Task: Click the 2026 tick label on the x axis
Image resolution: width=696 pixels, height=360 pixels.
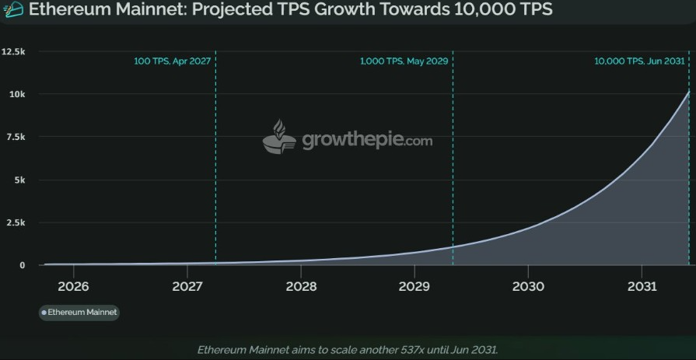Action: click(x=73, y=286)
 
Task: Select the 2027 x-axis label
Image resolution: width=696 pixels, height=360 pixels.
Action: click(x=187, y=286)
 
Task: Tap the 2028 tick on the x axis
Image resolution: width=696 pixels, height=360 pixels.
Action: click(x=301, y=286)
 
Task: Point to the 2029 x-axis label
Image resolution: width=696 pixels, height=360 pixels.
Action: click(x=414, y=286)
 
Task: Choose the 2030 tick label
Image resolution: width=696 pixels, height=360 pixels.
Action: click(x=528, y=286)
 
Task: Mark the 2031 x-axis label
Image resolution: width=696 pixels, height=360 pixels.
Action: click(x=642, y=286)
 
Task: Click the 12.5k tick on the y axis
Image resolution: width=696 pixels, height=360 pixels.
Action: click(x=14, y=51)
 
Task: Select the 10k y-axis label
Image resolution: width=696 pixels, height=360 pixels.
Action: click(x=17, y=94)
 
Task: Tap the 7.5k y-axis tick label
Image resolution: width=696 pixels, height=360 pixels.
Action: click(x=16, y=137)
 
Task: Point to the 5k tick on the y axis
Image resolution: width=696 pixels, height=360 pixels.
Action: click(x=19, y=180)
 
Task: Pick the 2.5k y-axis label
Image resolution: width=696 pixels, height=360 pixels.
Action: click(x=16, y=222)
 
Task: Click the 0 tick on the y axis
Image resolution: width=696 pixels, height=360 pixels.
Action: click(x=23, y=265)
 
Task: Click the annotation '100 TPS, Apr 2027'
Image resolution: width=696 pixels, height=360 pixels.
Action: click(x=171, y=61)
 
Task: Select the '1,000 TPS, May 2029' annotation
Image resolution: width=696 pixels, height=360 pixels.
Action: click(x=404, y=61)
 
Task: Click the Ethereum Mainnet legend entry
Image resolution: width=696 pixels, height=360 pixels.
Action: click(x=79, y=313)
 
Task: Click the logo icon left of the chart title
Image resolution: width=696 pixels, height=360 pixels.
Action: click(x=13, y=10)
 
